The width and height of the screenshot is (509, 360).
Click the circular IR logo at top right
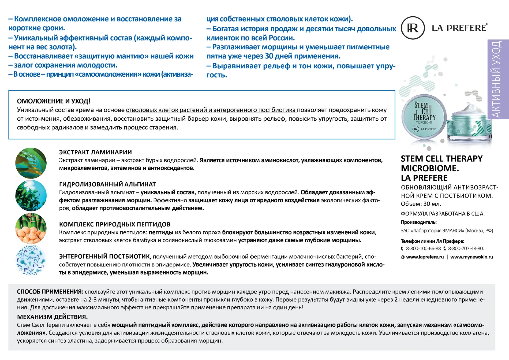point(413,28)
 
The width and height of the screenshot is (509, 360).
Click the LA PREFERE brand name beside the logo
point(459,28)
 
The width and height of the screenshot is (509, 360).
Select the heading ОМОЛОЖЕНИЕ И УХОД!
point(54,101)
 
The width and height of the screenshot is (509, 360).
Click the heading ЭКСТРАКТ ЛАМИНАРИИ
point(95,152)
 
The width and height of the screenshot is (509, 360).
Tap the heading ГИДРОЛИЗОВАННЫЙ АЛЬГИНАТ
point(107,184)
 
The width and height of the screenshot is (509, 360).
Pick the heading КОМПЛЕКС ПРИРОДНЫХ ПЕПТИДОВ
point(115,224)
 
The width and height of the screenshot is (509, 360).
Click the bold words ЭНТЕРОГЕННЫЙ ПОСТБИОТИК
point(105,257)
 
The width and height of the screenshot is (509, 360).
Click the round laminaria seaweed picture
point(31,163)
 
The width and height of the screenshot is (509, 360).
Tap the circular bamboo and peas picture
point(31,228)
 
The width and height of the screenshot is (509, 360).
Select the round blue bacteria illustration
point(31,260)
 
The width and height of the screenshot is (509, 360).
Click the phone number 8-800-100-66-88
point(423,248)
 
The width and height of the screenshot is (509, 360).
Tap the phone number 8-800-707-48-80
point(466,248)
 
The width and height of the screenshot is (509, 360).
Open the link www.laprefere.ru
point(425,257)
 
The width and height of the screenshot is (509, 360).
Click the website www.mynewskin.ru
point(471,257)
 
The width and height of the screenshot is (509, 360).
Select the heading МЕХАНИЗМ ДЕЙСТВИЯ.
point(52,317)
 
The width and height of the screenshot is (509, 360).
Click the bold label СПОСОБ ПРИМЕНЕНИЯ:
point(50,292)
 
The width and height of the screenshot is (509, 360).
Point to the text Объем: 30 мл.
point(421,204)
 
